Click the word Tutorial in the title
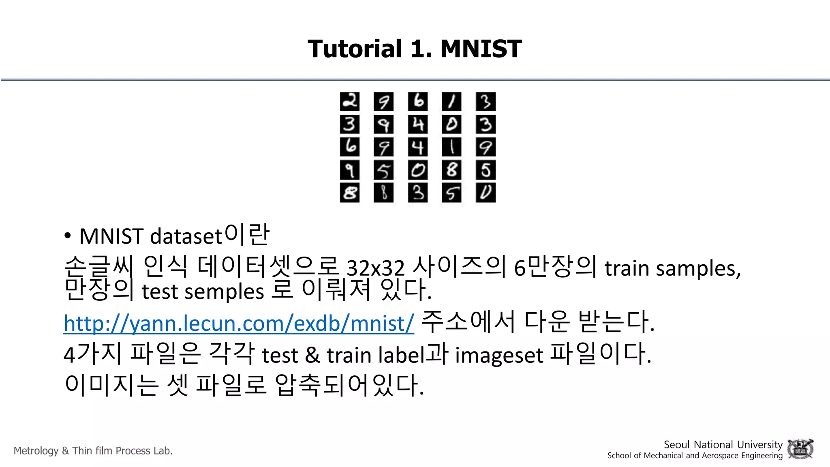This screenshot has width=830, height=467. [355, 49]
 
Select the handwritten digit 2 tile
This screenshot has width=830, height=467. [350, 101]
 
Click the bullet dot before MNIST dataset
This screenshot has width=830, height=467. [68, 236]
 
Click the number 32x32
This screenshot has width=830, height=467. [376, 268]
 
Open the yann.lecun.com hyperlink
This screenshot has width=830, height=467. [239, 323]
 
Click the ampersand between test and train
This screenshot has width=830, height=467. [312, 355]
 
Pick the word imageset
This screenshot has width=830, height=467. [499, 355]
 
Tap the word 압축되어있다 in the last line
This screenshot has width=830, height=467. [349, 385]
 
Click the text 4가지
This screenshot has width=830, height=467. [92, 354]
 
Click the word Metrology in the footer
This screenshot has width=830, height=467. [36, 451]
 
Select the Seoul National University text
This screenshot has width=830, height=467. [723, 445]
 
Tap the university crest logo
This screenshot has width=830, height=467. [800, 449]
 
